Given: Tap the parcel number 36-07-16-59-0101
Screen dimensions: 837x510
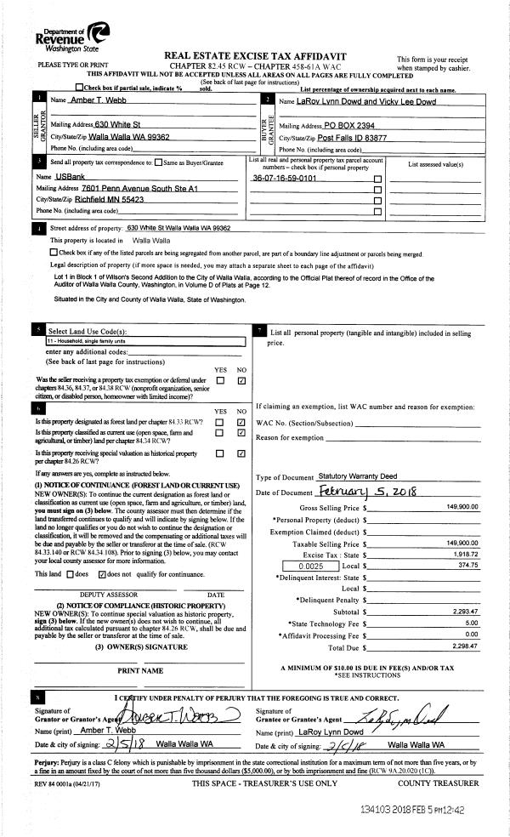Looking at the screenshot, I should tap(285, 178).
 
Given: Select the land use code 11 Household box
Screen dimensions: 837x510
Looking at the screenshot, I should tap(145, 341).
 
